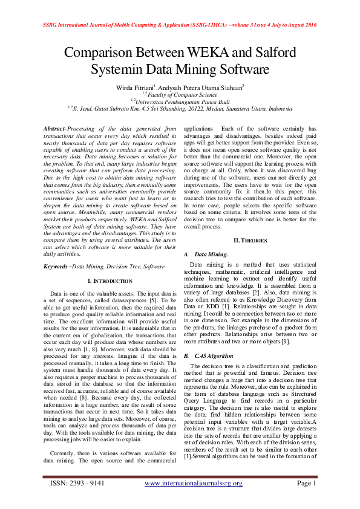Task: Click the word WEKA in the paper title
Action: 203,53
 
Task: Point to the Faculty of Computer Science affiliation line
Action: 180,94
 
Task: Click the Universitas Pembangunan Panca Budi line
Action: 180,102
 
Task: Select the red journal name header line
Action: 180,25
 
